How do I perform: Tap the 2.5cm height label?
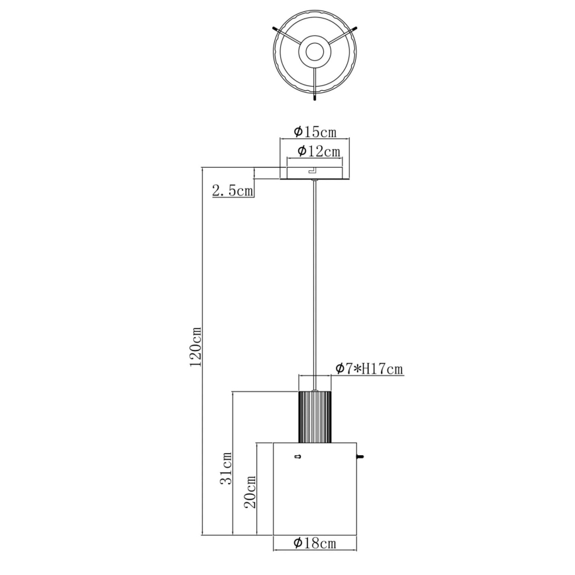tap(232, 191)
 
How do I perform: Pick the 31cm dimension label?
tap(226, 467)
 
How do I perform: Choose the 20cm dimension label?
tap(250, 492)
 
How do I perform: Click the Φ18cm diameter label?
tap(315, 544)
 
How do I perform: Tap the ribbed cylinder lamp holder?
tap(315, 416)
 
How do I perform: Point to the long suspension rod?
tap(315, 278)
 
